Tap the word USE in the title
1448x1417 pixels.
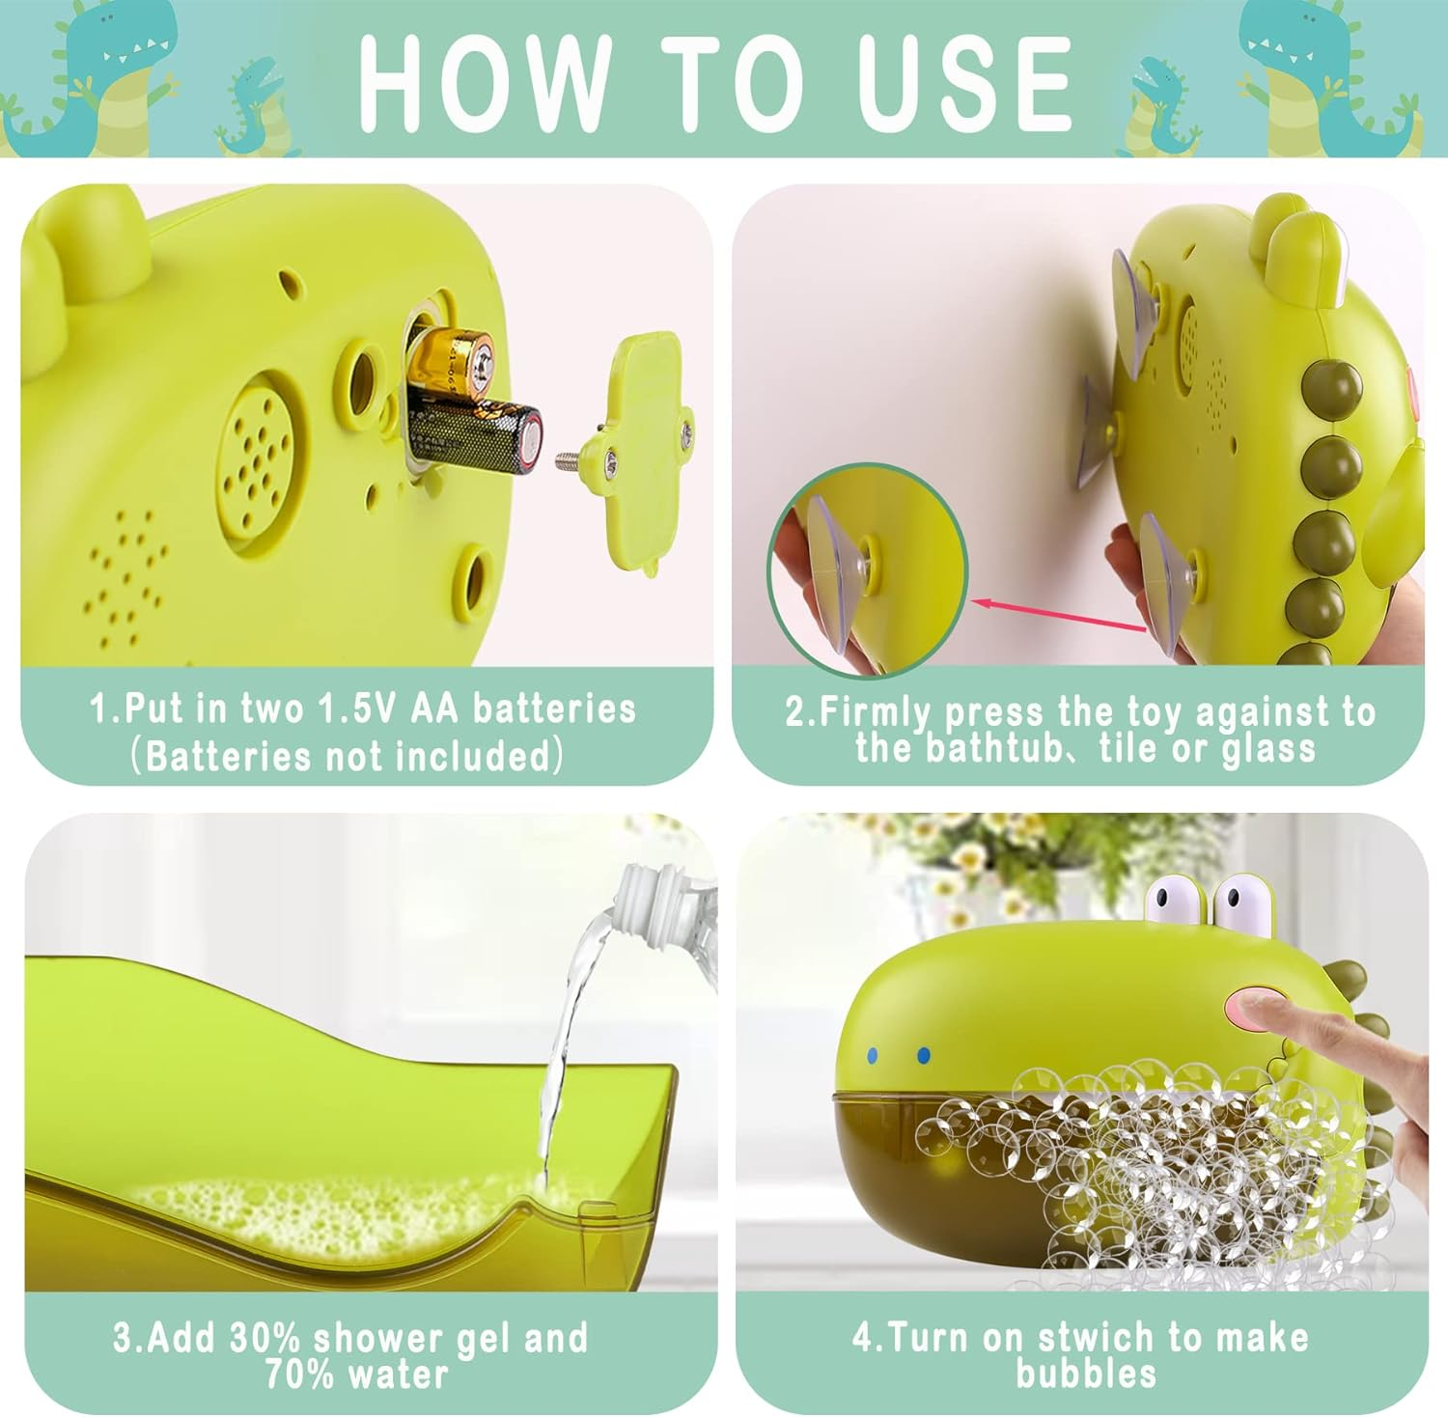tap(965, 83)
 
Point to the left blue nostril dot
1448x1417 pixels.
tap(874, 1055)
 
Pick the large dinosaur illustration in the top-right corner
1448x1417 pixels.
tap(1337, 77)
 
